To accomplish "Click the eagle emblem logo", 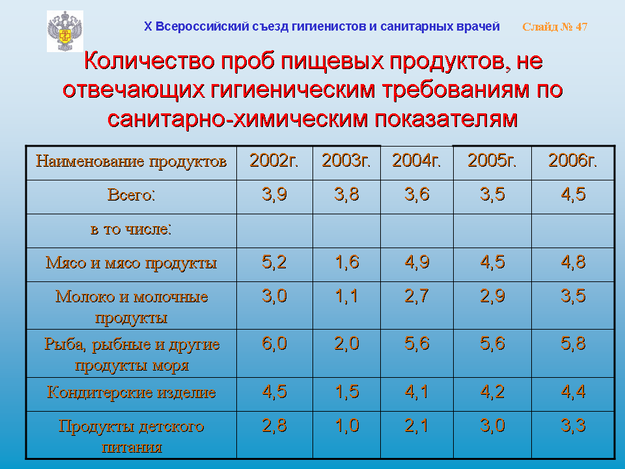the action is tap(65, 31).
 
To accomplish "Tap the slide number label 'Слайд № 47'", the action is tap(555, 27).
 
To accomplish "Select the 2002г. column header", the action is tap(274, 161).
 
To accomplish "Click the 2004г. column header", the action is tap(417, 161).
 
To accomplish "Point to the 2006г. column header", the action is tap(573, 161).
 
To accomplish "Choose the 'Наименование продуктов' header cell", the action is tap(132, 162).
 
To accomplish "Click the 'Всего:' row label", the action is tap(132, 195).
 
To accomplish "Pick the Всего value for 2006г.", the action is tap(573, 194).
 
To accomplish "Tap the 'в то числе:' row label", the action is tap(132, 229).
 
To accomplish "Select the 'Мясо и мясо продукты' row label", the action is tap(132, 263).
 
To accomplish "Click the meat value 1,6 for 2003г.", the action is tap(347, 262).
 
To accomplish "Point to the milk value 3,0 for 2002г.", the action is tap(274, 296).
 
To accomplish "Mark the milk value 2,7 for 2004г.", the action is tap(417, 296).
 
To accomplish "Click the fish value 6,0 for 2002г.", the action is tap(274, 343).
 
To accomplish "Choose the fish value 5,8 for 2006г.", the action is tap(573, 343).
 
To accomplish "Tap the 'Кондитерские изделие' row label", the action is tap(132, 393).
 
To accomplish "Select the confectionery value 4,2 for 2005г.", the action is tap(492, 391).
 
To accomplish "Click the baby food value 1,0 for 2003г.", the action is tap(347, 425).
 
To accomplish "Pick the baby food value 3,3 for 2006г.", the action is tap(573, 425).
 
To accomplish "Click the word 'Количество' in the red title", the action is tap(150, 61).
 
